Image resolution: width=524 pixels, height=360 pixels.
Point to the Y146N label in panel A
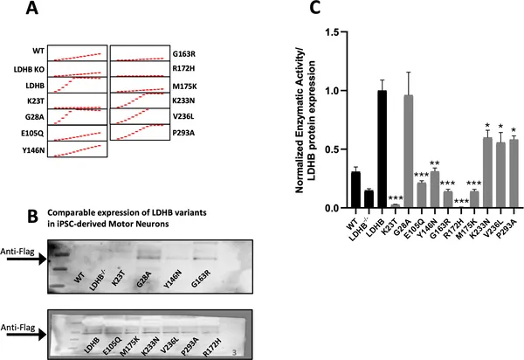coord(24,148)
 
